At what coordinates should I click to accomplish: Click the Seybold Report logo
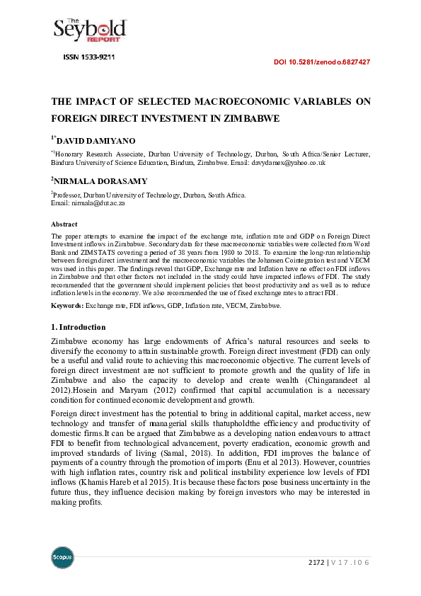click(90, 29)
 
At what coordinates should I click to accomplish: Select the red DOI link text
click(321, 62)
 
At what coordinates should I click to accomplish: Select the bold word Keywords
click(67, 305)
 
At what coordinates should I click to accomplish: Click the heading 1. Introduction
click(79, 328)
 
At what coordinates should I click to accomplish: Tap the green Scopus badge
click(62, 556)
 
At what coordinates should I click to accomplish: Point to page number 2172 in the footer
click(316, 563)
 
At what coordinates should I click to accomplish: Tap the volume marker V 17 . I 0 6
click(350, 563)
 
